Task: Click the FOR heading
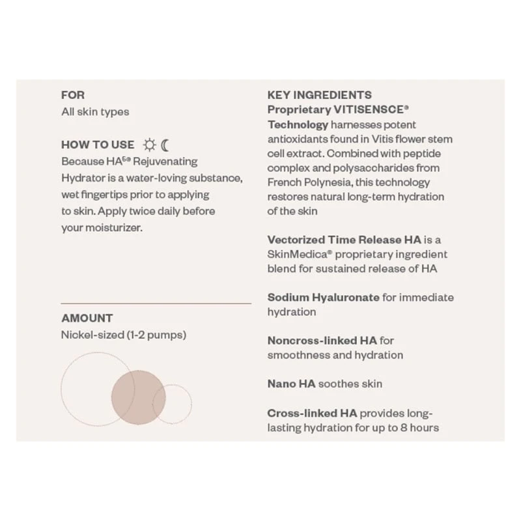[73, 95]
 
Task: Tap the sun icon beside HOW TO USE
[149, 145]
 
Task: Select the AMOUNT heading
[87, 318]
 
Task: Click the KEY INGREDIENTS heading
[320, 95]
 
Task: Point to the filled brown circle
[138, 397]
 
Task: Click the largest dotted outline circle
[97, 389]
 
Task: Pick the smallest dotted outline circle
[172, 404]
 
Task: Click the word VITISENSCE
[369, 110]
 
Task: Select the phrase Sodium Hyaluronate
[323, 298]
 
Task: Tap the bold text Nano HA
[291, 384]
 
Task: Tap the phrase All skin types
[95, 112]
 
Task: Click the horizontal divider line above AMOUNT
[156, 303]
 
